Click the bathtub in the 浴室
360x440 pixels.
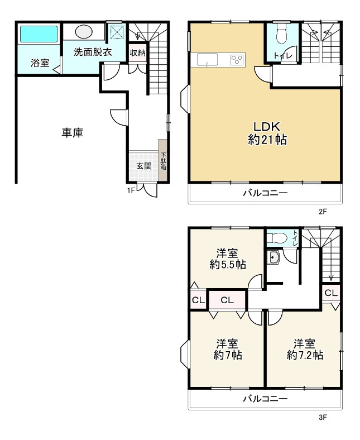tap(39, 34)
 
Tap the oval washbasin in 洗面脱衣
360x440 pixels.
tap(84, 31)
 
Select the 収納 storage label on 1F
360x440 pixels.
tap(137, 52)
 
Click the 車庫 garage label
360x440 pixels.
tap(73, 133)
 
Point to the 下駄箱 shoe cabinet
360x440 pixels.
tap(163, 160)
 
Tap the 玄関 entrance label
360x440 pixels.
tap(144, 166)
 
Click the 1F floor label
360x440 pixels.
tap(131, 190)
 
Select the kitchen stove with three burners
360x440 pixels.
tap(237, 60)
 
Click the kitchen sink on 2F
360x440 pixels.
tap(208, 60)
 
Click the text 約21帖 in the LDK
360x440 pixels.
tap(267, 140)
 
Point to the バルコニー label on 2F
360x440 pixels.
tap(266, 193)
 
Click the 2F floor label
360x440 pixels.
tap(323, 211)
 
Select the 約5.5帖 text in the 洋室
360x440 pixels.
tap(228, 265)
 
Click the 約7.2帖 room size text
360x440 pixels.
tap(305, 355)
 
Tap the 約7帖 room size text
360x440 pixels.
tap(228, 355)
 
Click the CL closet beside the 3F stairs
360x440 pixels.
tap(331, 293)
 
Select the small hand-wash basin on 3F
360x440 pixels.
tap(273, 257)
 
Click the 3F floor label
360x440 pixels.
tap(323, 417)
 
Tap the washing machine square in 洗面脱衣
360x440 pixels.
tap(117, 31)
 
